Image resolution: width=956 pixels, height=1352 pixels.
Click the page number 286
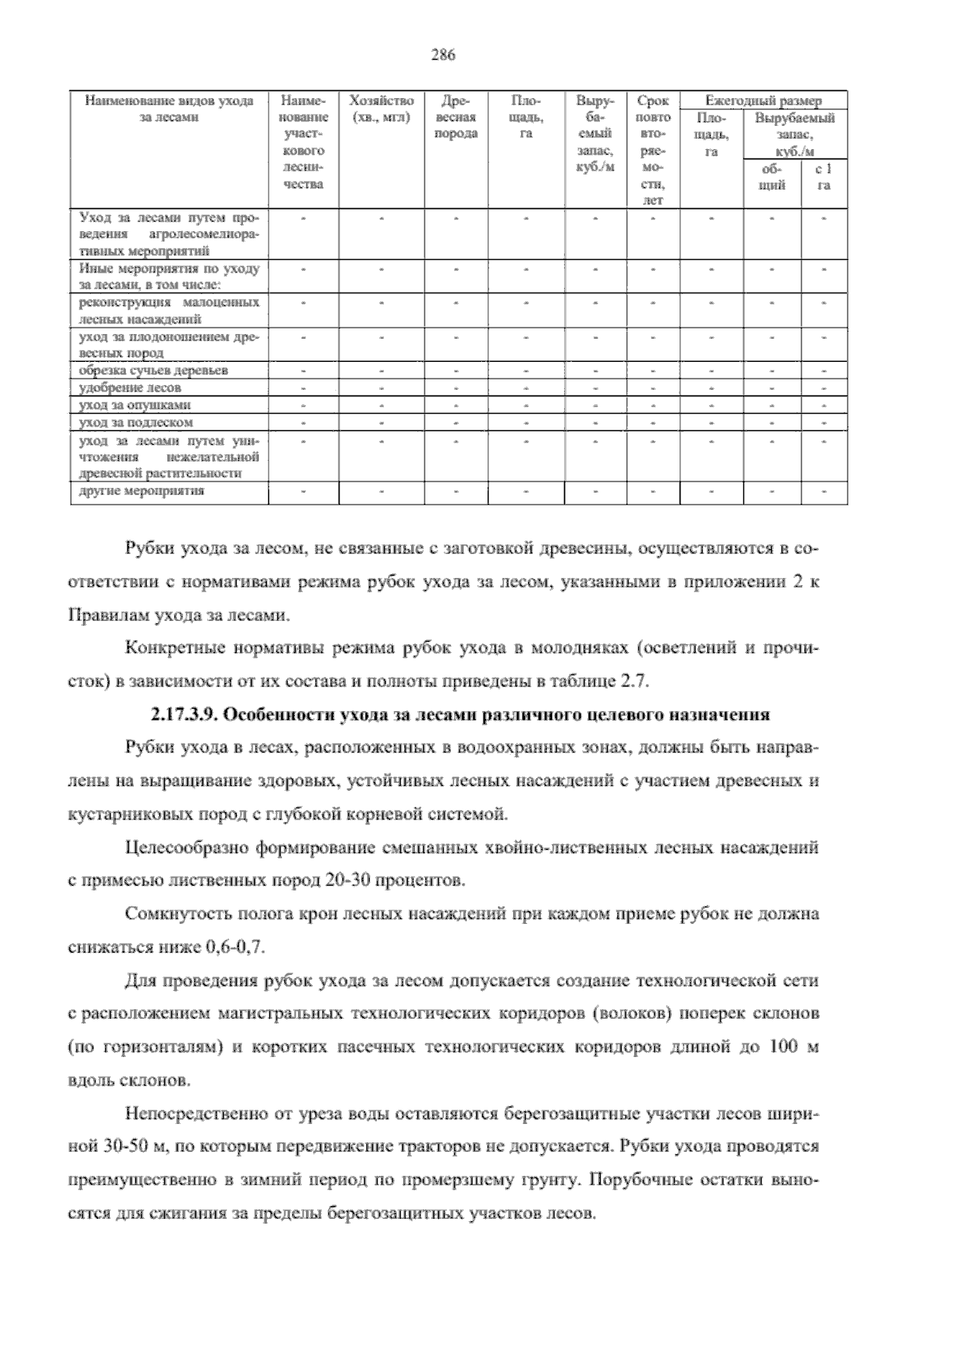(x=442, y=55)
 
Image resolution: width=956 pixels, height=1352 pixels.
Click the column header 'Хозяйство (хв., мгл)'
(x=382, y=109)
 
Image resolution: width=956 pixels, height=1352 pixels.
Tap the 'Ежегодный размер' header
(x=763, y=101)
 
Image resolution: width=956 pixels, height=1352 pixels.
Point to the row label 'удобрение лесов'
(x=130, y=387)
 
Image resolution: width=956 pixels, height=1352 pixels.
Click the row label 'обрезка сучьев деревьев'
(x=153, y=371)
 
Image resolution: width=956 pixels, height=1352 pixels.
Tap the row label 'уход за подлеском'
(x=135, y=422)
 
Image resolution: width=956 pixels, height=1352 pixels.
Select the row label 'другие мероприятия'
(x=141, y=491)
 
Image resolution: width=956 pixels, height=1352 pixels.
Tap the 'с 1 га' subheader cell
(x=824, y=177)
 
